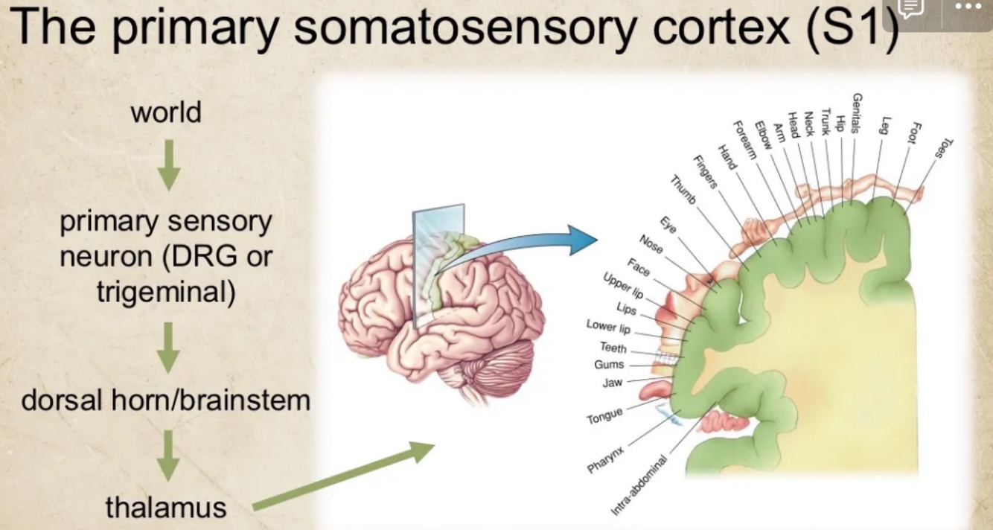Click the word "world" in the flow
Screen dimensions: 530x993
tap(166, 112)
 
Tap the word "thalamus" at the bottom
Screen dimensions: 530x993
tap(165, 507)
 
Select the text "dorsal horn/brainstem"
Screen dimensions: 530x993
tap(165, 400)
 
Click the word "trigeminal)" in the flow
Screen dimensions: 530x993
tap(165, 293)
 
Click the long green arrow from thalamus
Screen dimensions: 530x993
tap(342, 476)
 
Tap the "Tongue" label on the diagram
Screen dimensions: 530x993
tap(604, 416)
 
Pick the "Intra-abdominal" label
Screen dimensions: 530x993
tap(639, 484)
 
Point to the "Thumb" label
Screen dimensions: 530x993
tap(683, 190)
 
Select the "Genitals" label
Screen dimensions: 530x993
tap(857, 112)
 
